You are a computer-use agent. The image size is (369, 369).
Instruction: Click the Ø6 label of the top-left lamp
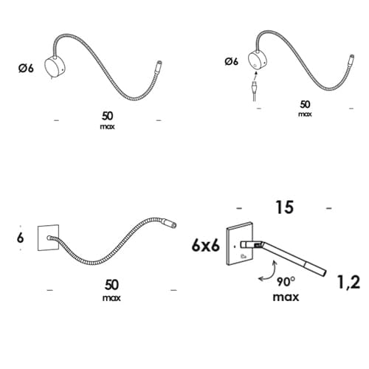point(26,68)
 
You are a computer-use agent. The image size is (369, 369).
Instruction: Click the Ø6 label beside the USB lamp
point(231,61)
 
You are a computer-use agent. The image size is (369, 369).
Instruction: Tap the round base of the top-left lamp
point(55,66)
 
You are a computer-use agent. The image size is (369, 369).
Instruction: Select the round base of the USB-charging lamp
point(257,61)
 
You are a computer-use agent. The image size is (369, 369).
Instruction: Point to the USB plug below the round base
point(254,87)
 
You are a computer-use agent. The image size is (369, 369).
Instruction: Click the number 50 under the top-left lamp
point(108,116)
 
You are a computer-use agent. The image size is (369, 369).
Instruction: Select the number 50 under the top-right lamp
point(305,104)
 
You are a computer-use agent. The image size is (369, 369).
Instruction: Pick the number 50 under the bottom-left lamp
point(111,285)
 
